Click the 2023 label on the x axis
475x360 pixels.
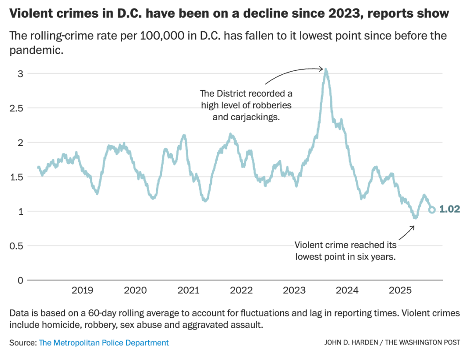[x=294, y=290]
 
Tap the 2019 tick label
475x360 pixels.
[x=82, y=290]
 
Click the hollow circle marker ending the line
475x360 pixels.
[x=432, y=210]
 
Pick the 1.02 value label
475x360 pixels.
[x=449, y=209]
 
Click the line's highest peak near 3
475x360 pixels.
[x=326, y=70]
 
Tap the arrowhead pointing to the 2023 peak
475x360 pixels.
[x=322, y=69]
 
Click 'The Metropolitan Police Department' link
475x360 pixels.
[x=104, y=342]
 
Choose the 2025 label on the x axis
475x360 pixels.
[x=400, y=290]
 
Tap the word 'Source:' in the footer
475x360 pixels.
[x=22, y=342]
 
